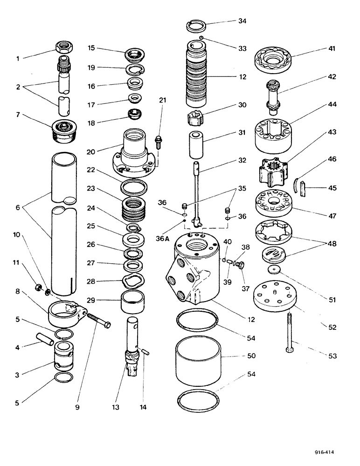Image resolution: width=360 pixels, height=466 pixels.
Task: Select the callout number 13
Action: (x=116, y=407)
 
